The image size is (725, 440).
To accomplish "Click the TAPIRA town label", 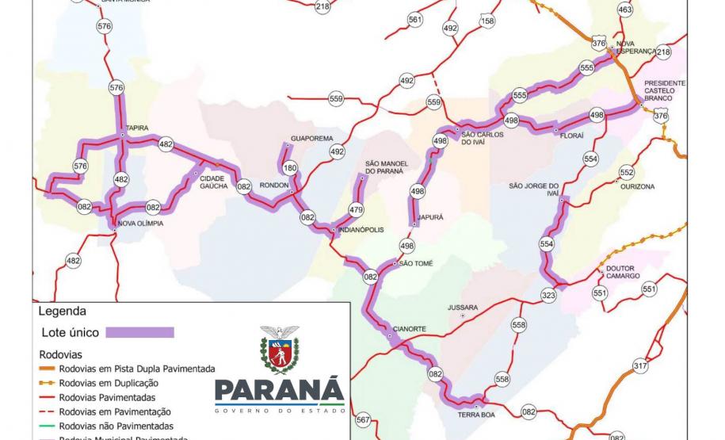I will (x=135, y=126).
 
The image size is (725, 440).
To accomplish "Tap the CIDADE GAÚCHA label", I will (x=212, y=182).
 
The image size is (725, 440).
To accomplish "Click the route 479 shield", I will (x=357, y=210).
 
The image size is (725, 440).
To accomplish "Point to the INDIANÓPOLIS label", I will (x=361, y=230).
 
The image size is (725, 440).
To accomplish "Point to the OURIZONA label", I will (x=638, y=186).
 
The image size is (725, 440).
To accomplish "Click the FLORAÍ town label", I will (x=571, y=136).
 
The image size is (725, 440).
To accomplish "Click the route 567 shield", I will (x=363, y=419).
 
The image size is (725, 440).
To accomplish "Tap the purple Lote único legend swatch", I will (x=140, y=331).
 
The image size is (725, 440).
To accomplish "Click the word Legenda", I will (x=63, y=312).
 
